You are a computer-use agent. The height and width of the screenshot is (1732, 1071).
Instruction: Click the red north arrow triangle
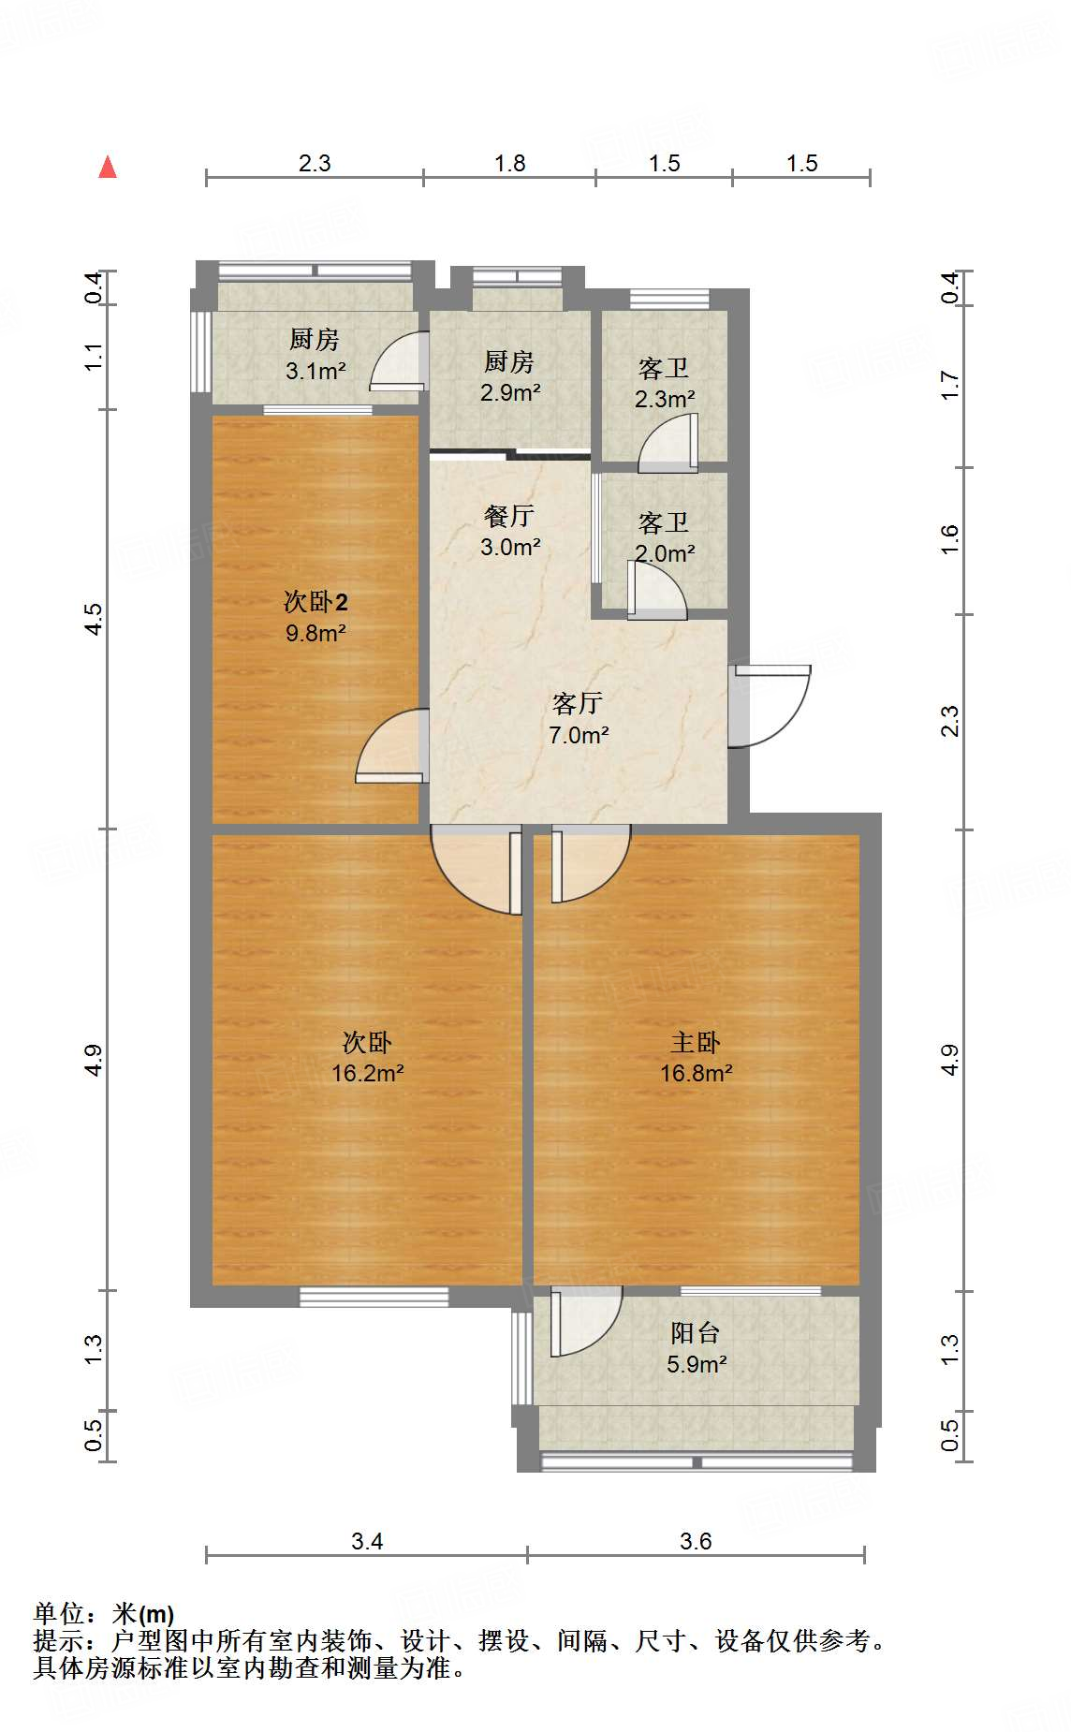(109, 168)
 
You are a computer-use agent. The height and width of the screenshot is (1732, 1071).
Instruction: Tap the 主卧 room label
(696, 1042)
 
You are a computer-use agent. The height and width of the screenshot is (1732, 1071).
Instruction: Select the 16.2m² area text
(367, 1073)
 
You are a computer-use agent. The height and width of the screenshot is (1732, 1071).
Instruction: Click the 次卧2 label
(315, 602)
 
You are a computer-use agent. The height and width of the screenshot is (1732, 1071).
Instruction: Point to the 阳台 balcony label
(696, 1332)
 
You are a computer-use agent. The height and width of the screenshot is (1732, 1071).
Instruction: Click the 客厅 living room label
(577, 703)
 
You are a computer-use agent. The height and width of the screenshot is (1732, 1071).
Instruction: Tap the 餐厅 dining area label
(509, 516)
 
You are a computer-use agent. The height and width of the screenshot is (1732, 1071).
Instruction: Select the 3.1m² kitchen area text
(315, 371)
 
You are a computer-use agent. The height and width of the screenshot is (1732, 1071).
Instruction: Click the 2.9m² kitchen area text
(509, 392)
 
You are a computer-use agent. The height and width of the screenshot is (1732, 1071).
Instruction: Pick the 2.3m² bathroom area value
(664, 399)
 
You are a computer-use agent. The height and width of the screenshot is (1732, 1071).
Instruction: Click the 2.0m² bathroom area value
(664, 553)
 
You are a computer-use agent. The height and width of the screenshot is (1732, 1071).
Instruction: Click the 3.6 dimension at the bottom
(696, 1541)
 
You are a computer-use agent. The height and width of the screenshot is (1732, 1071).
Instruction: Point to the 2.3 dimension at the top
(315, 164)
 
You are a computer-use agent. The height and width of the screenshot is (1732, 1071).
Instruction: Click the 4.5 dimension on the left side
(93, 619)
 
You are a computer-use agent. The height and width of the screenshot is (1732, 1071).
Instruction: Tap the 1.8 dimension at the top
(509, 164)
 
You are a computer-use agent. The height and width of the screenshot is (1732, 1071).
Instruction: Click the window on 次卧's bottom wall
(374, 1297)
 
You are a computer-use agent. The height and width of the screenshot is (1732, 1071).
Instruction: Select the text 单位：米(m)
(103, 1614)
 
